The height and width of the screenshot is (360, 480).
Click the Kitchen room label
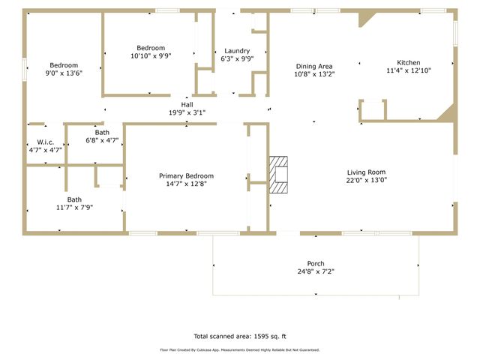click(x=409, y=62)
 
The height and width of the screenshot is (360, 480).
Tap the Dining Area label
click(x=314, y=66)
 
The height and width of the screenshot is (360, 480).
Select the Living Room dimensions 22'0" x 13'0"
click(x=366, y=180)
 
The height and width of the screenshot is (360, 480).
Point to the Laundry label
click(x=237, y=50)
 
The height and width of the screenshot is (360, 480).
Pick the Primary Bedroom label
click(x=186, y=175)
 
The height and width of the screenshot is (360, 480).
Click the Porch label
click(x=316, y=263)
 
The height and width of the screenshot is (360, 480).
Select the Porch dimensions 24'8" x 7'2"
click(x=316, y=271)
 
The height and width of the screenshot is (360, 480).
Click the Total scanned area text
click(x=240, y=336)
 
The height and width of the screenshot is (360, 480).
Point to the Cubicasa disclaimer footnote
click(x=240, y=349)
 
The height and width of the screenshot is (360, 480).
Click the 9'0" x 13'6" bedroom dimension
click(x=64, y=73)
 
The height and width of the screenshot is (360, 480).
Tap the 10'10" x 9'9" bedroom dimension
click(x=150, y=55)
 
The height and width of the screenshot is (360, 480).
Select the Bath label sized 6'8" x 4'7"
click(x=102, y=132)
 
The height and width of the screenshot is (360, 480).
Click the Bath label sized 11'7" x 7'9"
click(x=74, y=199)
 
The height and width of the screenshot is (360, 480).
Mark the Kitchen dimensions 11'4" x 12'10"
click(x=409, y=70)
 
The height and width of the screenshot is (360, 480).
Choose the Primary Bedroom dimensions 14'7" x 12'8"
click(x=186, y=184)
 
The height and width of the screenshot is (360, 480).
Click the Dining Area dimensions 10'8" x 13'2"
click(x=314, y=74)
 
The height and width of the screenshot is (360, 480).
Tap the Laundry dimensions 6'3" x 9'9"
click(x=237, y=58)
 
